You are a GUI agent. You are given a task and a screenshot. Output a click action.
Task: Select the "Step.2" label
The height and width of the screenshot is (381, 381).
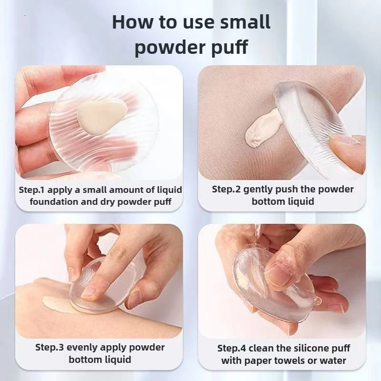tap(227, 189)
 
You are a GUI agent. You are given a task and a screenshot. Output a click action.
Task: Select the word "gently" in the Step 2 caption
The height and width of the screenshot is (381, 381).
tap(263, 189)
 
